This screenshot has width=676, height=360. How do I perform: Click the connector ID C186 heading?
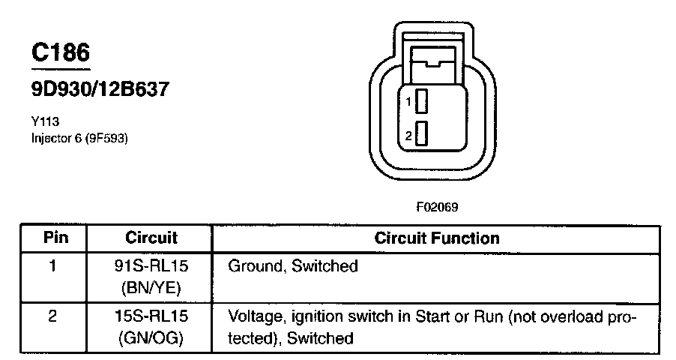click(60, 52)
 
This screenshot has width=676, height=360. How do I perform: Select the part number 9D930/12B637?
click(100, 89)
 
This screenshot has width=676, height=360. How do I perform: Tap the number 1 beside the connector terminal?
click(408, 100)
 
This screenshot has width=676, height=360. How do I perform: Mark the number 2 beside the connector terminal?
click(408, 136)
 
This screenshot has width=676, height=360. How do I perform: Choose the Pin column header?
click(54, 238)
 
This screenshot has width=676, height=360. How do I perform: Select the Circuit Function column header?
click(436, 238)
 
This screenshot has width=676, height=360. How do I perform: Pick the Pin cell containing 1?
click(53, 265)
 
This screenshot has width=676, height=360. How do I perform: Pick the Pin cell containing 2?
click(53, 316)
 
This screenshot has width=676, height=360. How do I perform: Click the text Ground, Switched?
click(292, 265)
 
